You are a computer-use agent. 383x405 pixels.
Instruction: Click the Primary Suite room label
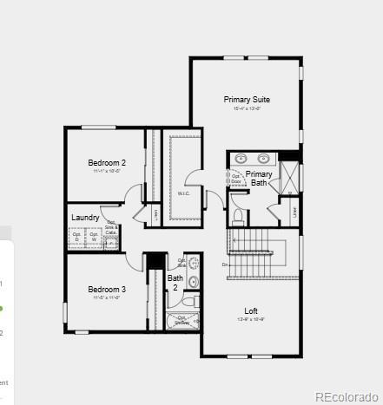click(247, 100)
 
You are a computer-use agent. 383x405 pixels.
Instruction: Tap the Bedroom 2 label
click(107, 163)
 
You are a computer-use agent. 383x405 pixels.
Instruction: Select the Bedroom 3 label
click(107, 290)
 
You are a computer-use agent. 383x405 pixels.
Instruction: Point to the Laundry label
click(85, 218)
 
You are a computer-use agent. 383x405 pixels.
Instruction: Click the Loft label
click(251, 311)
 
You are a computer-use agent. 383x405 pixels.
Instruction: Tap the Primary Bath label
click(259, 179)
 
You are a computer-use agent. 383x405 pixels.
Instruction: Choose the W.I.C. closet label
click(184, 193)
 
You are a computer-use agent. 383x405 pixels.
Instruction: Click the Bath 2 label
click(175, 283)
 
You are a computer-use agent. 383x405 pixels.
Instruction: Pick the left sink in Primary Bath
click(243, 159)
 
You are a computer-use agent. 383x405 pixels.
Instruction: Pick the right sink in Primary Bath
click(262, 159)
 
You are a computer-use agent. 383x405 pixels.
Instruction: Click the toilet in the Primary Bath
click(237, 216)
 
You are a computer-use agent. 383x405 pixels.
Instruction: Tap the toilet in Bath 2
click(193, 281)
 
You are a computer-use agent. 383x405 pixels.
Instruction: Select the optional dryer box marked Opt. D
click(76, 237)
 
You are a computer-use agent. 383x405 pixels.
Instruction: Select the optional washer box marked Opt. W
click(94, 237)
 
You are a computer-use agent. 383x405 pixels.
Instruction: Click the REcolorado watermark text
click(346, 397)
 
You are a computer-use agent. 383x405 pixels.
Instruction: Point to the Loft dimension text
click(251, 320)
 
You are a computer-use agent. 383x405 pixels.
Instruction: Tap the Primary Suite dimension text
click(247, 108)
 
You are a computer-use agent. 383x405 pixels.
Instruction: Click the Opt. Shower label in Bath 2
click(183, 319)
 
